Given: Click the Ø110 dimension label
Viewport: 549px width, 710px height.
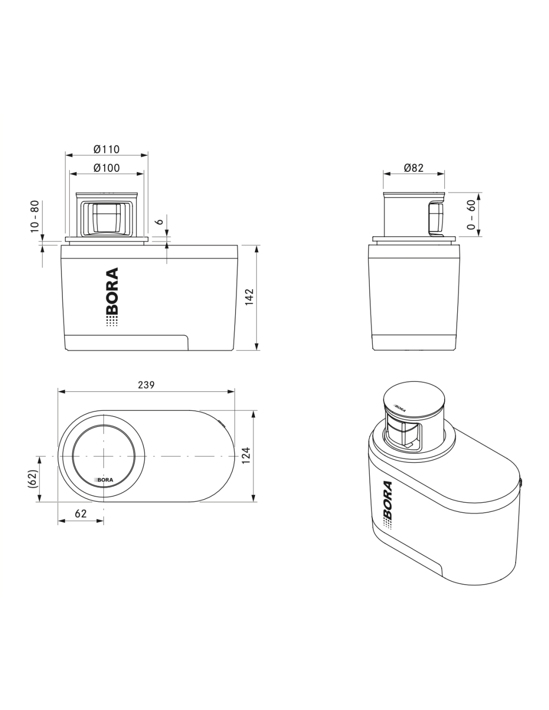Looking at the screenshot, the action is tap(106, 149).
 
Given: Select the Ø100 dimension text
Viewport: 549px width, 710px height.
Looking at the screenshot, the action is tap(106, 168).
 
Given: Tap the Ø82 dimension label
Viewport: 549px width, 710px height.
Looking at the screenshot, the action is tap(413, 168).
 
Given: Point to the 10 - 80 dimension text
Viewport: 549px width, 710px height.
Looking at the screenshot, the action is tap(34, 216).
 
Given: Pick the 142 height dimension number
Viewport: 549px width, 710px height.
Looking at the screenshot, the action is tap(249, 297).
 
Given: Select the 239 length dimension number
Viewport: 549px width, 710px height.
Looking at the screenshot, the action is tap(146, 385).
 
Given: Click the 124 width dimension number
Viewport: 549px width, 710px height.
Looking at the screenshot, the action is tap(246, 455).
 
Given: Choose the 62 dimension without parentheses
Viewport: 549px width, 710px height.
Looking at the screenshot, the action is tap(81, 514).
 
